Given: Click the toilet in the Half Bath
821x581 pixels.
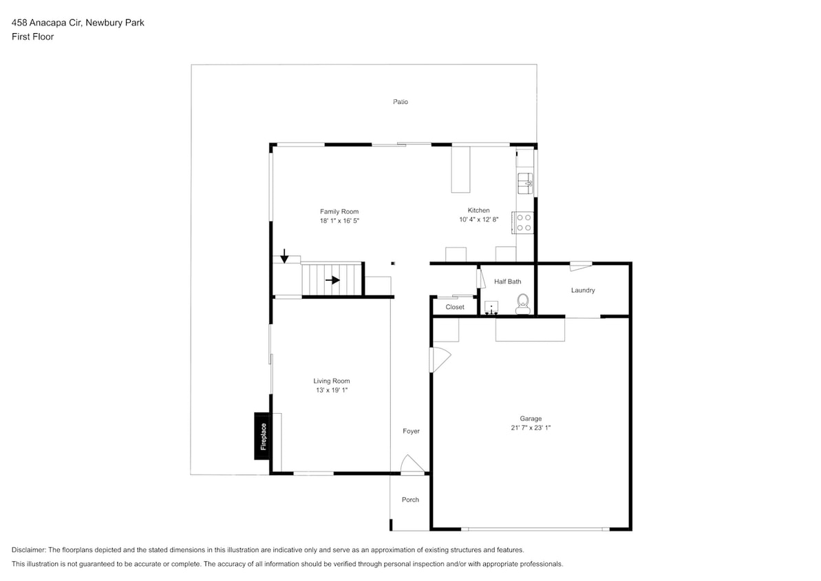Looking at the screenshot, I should (523, 303).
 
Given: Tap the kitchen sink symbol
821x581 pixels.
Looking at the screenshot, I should (525, 182).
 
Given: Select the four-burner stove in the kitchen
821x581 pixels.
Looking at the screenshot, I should (524, 222).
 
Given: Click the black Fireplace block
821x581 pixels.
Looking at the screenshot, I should (262, 436).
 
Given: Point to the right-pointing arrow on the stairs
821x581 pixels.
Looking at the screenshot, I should (332, 280).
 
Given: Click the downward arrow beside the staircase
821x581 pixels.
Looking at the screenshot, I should (284, 256).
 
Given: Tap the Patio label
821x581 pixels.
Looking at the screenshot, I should (401, 102).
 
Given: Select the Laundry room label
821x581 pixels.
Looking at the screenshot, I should (582, 290).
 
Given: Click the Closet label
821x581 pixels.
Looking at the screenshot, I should (455, 307).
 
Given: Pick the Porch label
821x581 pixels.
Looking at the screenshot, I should (410, 500).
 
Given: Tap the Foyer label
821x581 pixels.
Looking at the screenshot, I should (411, 432).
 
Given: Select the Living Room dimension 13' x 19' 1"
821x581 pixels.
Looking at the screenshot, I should (332, 390).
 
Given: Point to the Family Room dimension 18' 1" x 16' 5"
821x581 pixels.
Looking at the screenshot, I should (339, 221).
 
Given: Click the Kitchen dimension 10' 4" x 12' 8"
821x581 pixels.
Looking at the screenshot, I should (478, 220).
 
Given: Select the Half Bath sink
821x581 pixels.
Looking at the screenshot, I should (491, 307).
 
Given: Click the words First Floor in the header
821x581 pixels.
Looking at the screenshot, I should (32, 37).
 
